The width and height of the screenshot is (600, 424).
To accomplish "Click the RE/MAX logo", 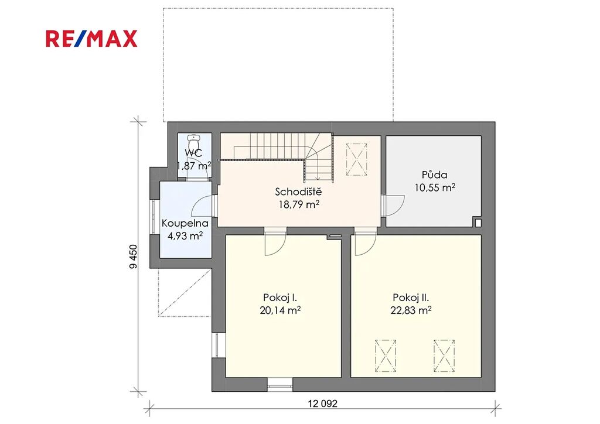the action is [91, 39].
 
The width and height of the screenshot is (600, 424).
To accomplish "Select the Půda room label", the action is [434, 175].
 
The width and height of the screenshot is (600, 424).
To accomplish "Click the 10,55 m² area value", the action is [435, 187].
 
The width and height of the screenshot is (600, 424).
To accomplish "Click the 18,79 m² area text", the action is [299, 204].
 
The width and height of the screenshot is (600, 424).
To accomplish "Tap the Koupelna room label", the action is [185, 223].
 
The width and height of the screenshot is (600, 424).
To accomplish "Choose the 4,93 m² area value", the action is [185, 235].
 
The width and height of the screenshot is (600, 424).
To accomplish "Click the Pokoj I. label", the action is [280, 298].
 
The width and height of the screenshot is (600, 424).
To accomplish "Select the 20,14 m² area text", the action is [280, 310].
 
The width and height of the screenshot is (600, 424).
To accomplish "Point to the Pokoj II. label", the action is [411, 298].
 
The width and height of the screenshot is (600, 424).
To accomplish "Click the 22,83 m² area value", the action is [411, 310].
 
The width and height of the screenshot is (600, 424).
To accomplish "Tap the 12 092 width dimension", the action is [323, 404].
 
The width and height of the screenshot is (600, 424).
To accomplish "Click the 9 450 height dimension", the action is [133, 257].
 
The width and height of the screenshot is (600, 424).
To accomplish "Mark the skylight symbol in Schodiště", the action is [356, 159].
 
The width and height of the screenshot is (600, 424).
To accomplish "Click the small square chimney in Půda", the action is [478, 222].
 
